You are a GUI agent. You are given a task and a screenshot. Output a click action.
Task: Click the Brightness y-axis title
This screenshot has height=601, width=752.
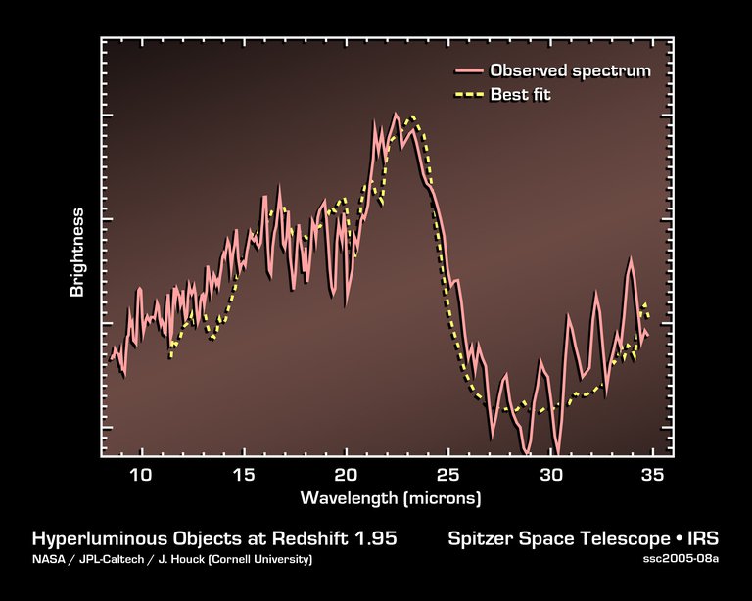[77, 253]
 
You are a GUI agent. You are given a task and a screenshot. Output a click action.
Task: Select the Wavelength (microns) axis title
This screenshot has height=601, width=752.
[391, 498]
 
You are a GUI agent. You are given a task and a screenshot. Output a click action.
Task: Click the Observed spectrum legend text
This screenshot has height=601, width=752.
[570, 70]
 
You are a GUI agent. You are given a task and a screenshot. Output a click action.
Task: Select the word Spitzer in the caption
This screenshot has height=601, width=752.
[480, 539]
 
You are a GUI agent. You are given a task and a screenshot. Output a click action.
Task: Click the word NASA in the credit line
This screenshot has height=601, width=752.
[47, 560]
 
